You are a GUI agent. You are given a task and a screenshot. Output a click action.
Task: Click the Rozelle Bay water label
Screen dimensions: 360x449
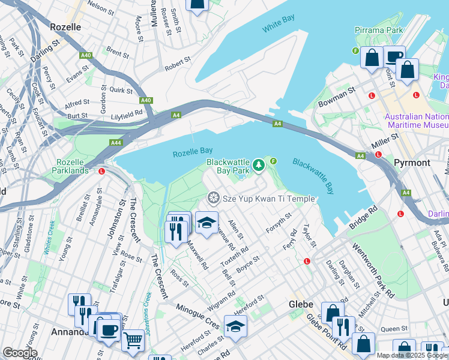(193, 154)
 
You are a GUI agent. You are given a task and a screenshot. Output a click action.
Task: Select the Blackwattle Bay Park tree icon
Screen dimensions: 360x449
(259, 164)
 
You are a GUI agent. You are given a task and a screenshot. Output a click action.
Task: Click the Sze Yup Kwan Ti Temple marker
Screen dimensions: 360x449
(212, 198)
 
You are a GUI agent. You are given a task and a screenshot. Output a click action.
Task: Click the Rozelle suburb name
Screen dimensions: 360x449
(70, 27)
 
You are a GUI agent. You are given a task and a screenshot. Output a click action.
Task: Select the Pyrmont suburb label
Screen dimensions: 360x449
(412, 163)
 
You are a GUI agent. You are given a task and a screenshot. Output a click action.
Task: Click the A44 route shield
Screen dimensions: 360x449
(116, 143)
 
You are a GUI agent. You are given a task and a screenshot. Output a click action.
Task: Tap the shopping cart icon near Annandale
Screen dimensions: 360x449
(133, 340)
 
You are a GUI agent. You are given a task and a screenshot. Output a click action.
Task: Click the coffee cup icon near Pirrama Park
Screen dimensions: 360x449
(394, 57)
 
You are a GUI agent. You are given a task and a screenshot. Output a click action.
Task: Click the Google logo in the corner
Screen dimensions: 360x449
(20, 352)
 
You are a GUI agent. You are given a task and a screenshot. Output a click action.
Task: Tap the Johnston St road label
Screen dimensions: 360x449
(112, 218)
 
